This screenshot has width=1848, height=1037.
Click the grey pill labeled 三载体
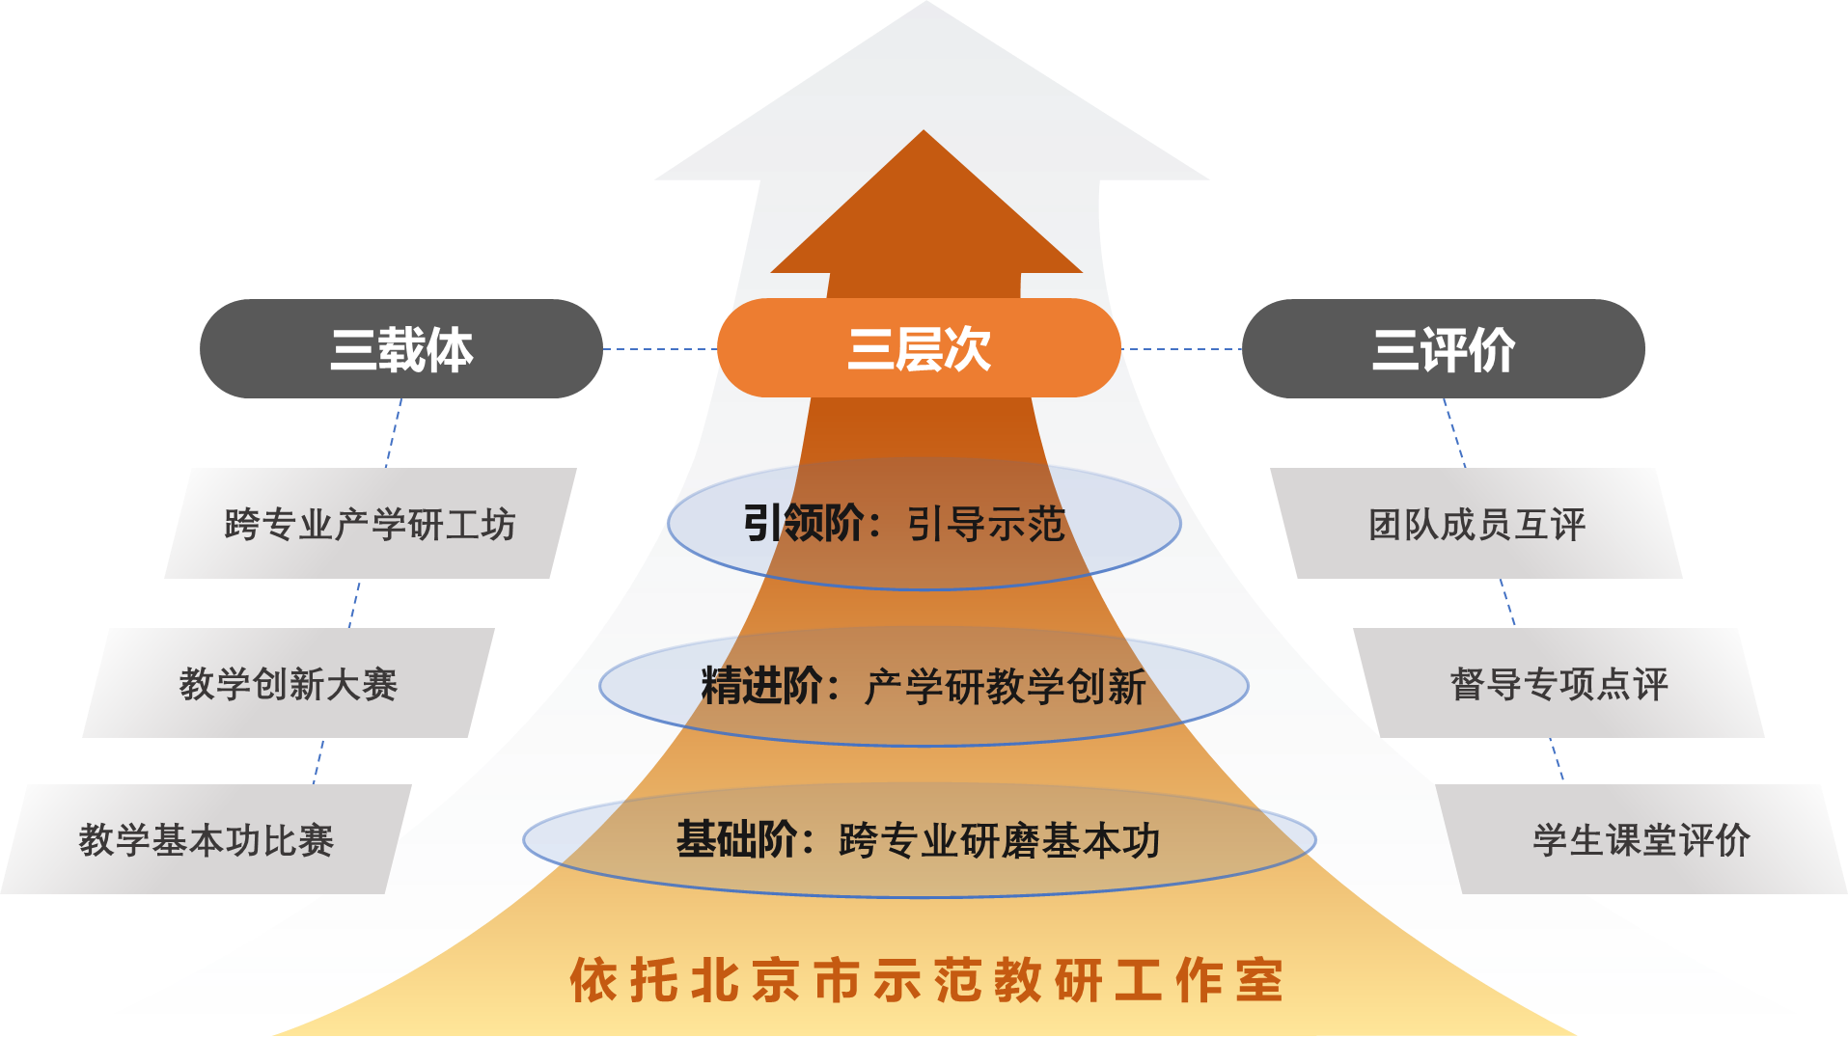[x=400, y=349]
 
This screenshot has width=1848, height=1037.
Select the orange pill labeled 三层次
[x=918, y=349]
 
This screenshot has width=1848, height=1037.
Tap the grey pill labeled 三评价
[x=1443, y=349]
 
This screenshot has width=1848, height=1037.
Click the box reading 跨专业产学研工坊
[x=371, y=524]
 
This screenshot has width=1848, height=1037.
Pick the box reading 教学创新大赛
[x=289, y=683]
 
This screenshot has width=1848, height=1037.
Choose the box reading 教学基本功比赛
[x=206, y=839]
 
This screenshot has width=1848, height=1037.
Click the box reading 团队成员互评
[x=1476, y=524]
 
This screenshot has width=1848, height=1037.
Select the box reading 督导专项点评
[x=1558, y=683]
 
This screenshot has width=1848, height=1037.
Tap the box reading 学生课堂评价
[x=1641, y=839]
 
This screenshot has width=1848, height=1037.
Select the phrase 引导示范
[x=985, y=525]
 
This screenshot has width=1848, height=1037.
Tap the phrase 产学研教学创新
[x=1005, y=687]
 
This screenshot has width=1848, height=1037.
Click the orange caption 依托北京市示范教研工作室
[x=926, y=980]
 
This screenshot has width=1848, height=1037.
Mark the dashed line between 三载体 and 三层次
[x=660, y=349]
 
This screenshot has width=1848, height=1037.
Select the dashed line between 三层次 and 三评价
[x=1181, y=349]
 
